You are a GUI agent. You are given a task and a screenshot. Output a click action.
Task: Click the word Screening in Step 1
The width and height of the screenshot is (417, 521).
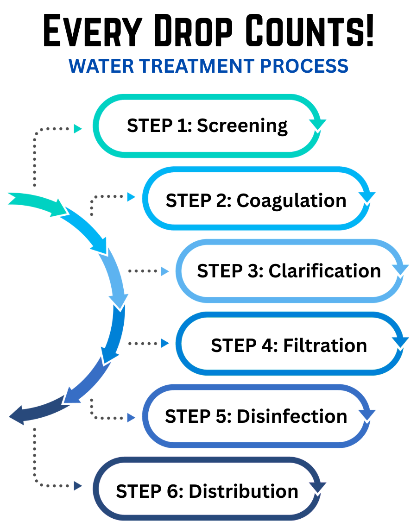[242, 126]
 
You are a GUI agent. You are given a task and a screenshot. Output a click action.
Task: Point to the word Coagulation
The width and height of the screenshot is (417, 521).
[291, 201]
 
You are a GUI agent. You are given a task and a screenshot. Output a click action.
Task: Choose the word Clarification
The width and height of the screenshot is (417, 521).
[325, 270]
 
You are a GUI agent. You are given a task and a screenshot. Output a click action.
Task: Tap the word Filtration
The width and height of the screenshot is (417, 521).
[325, 345]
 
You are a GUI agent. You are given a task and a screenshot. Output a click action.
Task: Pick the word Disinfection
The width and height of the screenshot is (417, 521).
[292, 416]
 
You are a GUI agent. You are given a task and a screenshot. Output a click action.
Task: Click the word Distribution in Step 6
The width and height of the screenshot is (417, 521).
[244, 491]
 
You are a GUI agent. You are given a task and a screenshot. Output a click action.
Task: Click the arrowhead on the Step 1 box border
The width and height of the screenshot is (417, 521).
[317, 125]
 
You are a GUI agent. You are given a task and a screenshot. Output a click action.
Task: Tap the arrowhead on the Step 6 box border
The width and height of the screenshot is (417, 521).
[317, 487]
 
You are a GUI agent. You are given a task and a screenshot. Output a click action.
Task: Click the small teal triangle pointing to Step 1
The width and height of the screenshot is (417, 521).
[78, 129]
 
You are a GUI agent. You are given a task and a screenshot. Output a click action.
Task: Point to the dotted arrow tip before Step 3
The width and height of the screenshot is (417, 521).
[164, 271]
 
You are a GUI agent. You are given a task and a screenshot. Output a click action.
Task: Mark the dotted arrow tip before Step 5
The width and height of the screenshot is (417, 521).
[131, 418]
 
